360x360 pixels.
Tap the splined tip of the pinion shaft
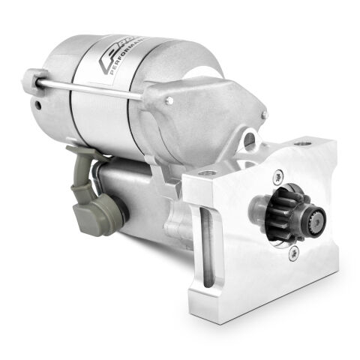coord(316,222)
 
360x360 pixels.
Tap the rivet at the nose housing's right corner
coord(265,114)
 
